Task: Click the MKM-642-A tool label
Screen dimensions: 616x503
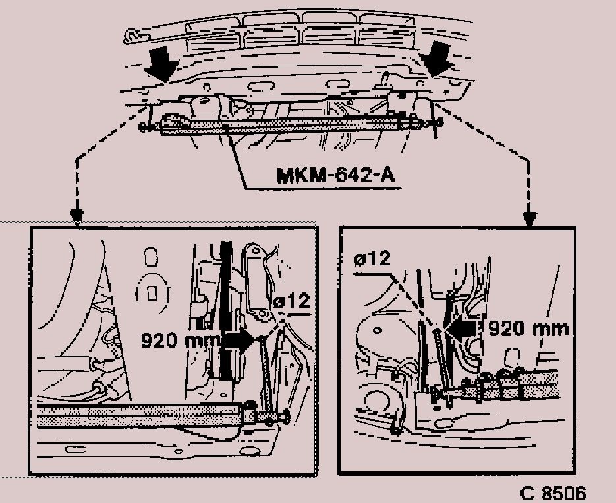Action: point(335,175)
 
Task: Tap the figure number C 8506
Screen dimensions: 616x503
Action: point(553,493)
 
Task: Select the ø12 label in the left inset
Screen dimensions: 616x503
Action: point(292,302)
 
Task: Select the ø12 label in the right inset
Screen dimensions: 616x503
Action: point(372,259)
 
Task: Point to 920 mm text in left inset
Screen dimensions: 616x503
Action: point(180,340)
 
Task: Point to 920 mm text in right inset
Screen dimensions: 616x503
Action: point(528,329)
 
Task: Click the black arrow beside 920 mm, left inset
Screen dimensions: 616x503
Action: point(239,340)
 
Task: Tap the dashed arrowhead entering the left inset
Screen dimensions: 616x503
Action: point(76,217)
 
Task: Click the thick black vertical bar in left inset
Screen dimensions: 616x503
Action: point(226,311)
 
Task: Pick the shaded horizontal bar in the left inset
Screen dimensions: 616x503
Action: point(140,416)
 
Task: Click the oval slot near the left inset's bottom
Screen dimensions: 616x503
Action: point(76,449)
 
